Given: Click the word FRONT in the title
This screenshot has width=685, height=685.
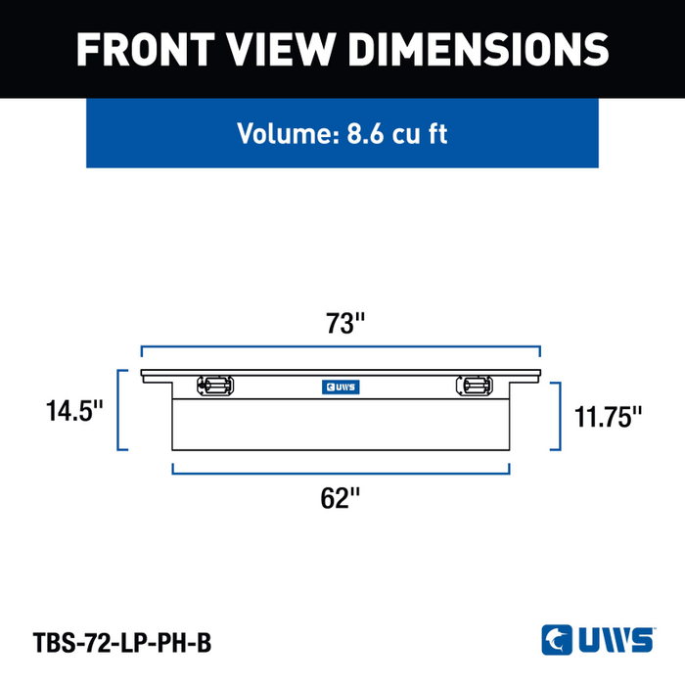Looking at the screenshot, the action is pyautogui.click(x=146, y=49).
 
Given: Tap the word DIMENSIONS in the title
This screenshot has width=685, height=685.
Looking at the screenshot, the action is pyautogui.click(x=479, y=49).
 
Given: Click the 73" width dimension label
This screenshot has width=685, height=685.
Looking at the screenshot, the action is pyautogui.click(x=345, y=323).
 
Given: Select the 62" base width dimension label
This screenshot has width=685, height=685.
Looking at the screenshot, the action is pyautogui.click(x=341, y=498).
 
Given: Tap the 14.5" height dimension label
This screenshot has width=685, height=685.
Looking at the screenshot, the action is pyautogui.click(x=74, y=411).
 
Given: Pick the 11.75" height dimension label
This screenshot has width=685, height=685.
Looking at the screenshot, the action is pyautogui.click(x=608, y=417).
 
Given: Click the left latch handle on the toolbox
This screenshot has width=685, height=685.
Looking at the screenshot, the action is pyautogui.click(x=215, y=386).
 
